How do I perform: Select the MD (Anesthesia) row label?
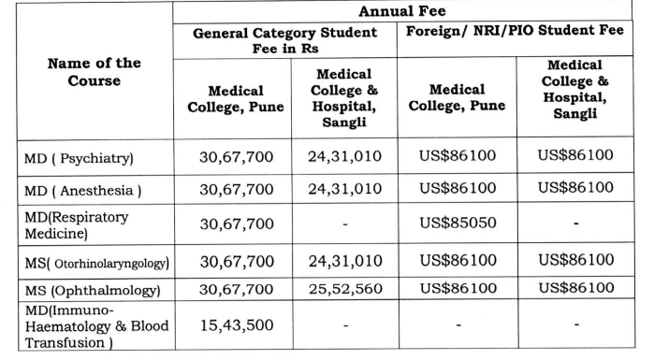click(82, 191)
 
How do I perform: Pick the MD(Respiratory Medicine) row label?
click(77, 224)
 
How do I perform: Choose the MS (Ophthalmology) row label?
click(89, 290)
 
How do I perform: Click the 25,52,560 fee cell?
click(344, 289)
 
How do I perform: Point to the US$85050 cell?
click(457, 223)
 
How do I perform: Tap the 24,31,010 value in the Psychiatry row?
click(344, 156)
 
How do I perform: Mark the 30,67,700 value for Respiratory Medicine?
click(237, 223)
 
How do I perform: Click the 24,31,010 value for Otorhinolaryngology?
click(344, 259)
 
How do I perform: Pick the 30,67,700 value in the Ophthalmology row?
click(237, 289)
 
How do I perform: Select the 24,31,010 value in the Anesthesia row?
click(344, 189)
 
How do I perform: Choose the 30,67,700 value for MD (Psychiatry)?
click(237, 156)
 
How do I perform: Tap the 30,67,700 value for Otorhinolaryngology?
click(237, 259)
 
